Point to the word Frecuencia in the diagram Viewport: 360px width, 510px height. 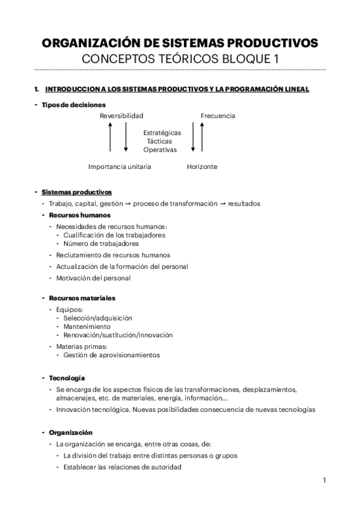(218, 115)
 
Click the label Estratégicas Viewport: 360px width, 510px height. (162, 132)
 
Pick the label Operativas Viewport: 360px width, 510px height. (160, 149)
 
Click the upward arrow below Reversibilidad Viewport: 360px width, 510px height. (111, 137)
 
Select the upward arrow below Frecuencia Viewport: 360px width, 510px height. (201, 137)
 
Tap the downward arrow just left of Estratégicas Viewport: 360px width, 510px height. (126, 137)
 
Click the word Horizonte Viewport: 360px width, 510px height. (202, 167)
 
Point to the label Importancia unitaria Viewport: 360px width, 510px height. (120, 167)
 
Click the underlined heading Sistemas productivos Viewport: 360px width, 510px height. (76, 192)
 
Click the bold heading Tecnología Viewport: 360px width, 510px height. (67, 378)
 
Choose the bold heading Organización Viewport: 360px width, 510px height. (71, 432)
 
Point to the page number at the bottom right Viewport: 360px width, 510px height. (324, 481)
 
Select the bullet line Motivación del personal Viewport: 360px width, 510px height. (93, 278)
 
